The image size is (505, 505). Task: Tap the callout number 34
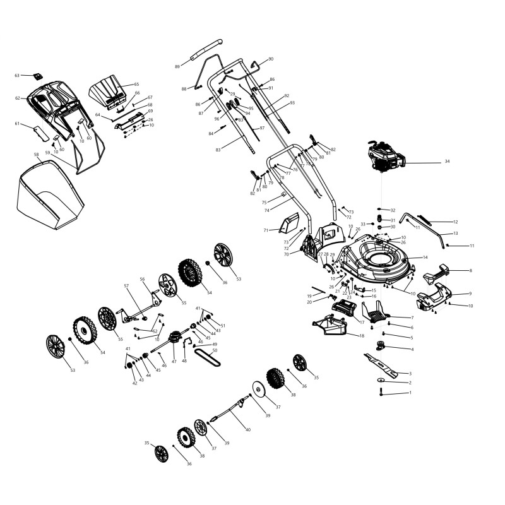447,162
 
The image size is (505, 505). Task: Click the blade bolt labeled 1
382,393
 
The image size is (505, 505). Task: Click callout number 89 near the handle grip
177,66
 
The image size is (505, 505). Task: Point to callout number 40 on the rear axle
248,430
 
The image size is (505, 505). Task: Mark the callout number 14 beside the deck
425,258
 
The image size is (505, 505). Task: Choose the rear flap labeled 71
290,223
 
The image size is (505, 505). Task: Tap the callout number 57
126,286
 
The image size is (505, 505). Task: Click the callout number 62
18,98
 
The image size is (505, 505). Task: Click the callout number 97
262,128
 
